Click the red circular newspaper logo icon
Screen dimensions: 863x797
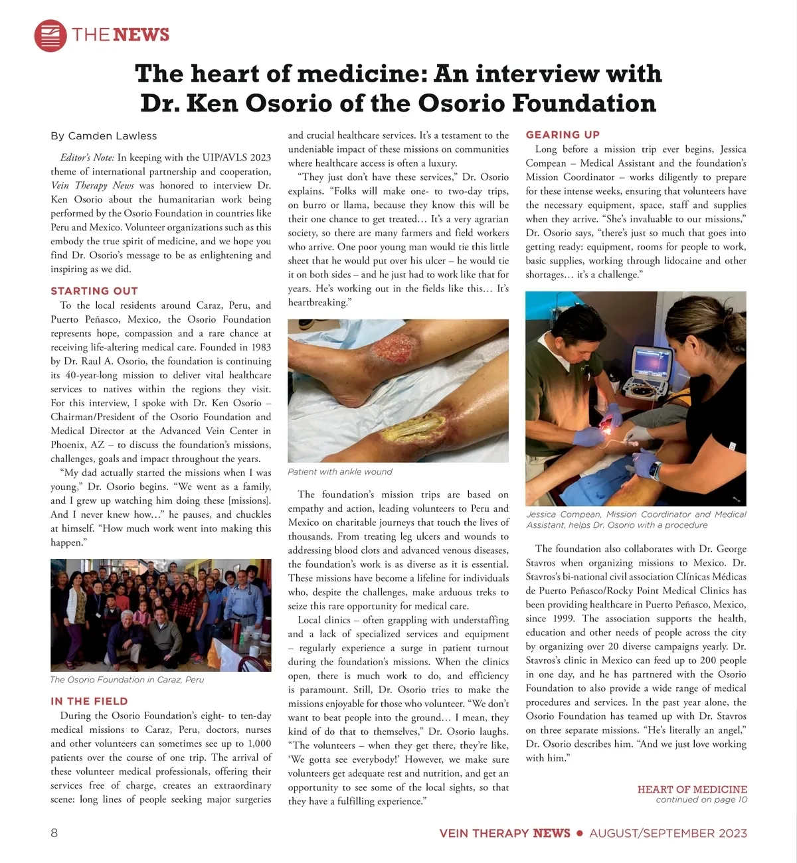pos(50,35)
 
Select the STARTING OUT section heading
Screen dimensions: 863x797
pos(94,291)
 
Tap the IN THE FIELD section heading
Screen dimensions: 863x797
pos(89,701)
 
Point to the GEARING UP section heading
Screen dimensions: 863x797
pos(563,135)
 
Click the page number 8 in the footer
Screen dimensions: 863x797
pos(54,833)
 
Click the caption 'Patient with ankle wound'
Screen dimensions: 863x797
pos(340,472)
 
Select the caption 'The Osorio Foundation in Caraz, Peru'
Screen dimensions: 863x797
pos(127,680)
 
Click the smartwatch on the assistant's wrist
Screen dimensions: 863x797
pos(655,471)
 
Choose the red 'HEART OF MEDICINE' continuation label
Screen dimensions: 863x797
pos(692,789)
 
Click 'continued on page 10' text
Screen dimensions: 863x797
pos(701,799)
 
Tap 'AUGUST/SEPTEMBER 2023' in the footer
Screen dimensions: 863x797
pos(668,833)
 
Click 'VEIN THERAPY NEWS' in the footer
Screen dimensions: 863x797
pos(505,833)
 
